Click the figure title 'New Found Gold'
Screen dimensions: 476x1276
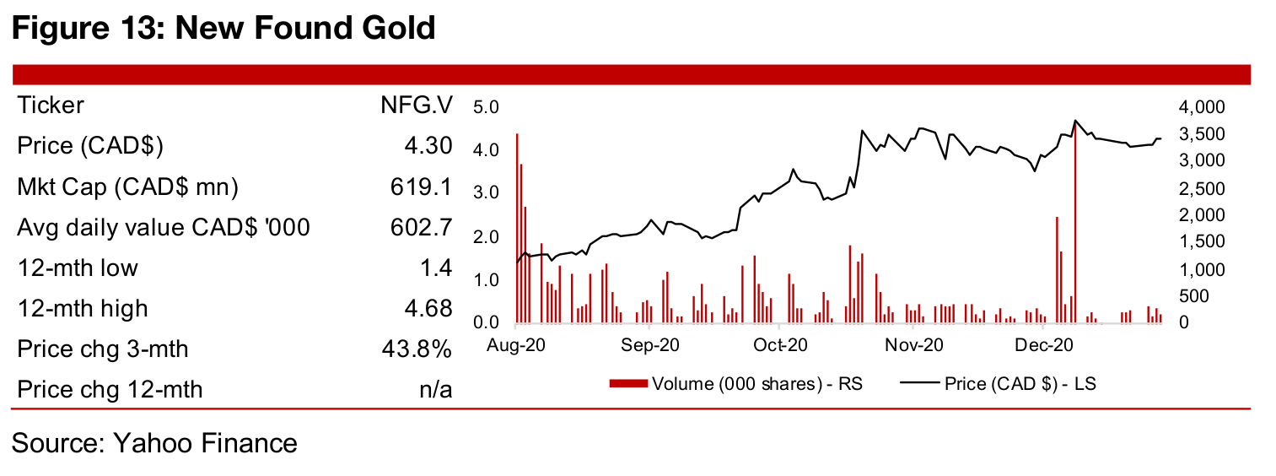pyautogui.click(x=303, y=29)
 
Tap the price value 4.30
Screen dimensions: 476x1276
pyautogui.click(x=428, y=146)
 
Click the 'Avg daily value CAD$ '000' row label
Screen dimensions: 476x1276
pyautogui.click(x=164, y=227)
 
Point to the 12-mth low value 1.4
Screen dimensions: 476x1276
pyautogui.click(x=436, y=268)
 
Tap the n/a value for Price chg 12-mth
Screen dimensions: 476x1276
pyautogui.click(x=435, y=389)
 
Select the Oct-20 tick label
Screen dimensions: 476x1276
pyautogui.click(x=781, y=345)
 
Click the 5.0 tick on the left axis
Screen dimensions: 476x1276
pyautogui.click(x=487, y=106)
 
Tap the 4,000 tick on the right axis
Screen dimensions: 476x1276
pyautogui.click(x=1194, y=106)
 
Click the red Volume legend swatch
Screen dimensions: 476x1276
pyautogui.click(x=628, y=384)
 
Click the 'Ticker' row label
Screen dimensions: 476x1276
pyautogui.click(x=51, y=105)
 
